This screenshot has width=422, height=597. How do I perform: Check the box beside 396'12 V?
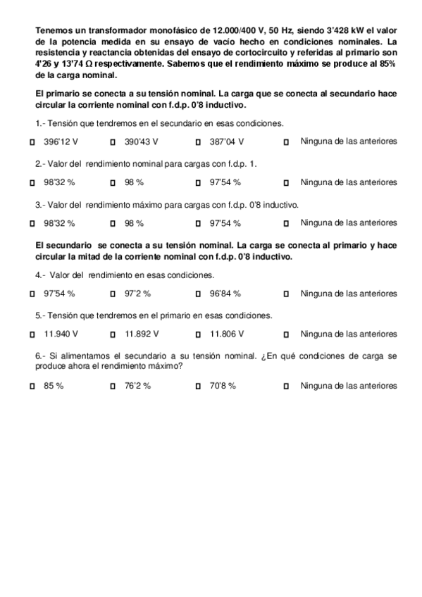[x=33, y=142]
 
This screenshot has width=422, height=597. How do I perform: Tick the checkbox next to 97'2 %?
[x=113, y=294]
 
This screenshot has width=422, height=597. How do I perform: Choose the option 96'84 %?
[x=198, y=294]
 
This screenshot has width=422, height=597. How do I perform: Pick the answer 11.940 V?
[x=33, y=334]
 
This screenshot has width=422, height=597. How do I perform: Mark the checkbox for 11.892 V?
[x=113, y=334]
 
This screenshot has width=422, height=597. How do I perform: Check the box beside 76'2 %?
[x=113, y=387]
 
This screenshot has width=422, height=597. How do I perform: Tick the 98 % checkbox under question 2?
[x=113, y=183]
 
